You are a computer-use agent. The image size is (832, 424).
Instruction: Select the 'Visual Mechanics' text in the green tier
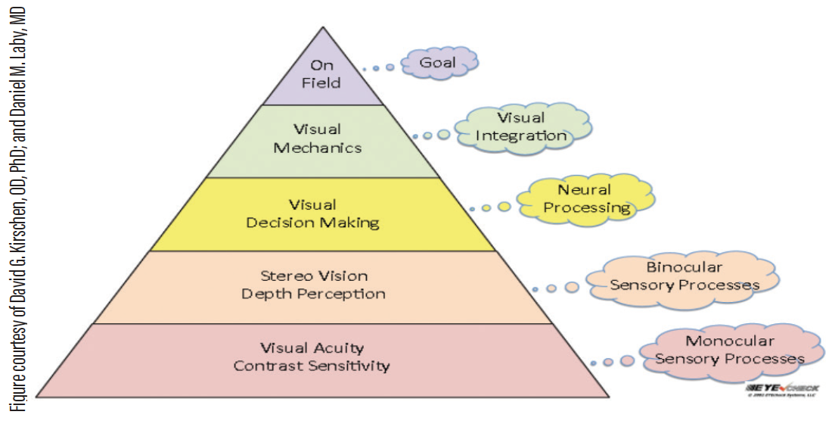point(317,139)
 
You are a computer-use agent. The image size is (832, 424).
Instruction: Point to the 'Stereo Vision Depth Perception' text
point(313,284)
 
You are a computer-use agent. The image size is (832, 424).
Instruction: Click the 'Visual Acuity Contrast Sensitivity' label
point(312,357)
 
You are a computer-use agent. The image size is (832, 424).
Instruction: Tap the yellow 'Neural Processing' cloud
point(583,198)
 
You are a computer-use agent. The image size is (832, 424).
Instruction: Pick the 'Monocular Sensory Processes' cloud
point(729,350)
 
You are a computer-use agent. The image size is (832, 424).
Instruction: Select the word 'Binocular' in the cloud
point(684,267)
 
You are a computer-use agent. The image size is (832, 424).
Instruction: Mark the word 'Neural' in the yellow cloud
point(584,189)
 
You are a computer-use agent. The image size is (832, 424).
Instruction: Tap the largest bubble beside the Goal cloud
point(390,67)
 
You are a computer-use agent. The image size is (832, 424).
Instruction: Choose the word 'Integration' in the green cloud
point(520,136)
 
